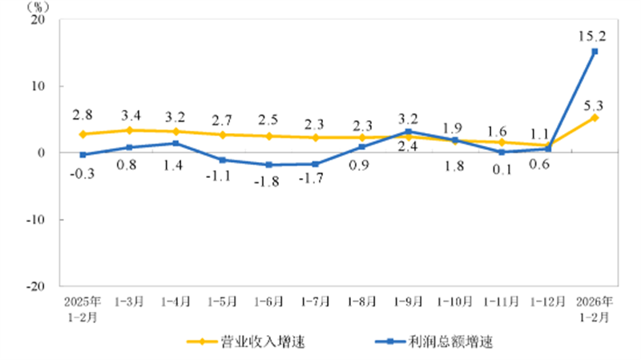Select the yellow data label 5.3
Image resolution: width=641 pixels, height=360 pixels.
click(x=594, y=103)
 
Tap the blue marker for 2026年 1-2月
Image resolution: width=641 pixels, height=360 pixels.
click(x=595, y=51)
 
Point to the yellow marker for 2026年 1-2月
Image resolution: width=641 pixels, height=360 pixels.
click(x=595, y=117)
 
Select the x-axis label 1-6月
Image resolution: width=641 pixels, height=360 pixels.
click(x=269, y=303)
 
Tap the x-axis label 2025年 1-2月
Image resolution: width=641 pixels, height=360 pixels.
click(x=83, y=309)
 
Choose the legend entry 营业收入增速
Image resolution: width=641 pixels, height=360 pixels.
click(x=248, y=342)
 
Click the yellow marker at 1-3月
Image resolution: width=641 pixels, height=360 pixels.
click(x=129, y=130)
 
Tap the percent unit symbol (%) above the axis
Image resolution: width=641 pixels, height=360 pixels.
click(x=38, y=6)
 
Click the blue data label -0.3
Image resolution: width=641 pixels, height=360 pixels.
click(x=83, y=173)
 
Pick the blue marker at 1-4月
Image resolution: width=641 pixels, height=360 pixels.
click(x=175, y=144)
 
